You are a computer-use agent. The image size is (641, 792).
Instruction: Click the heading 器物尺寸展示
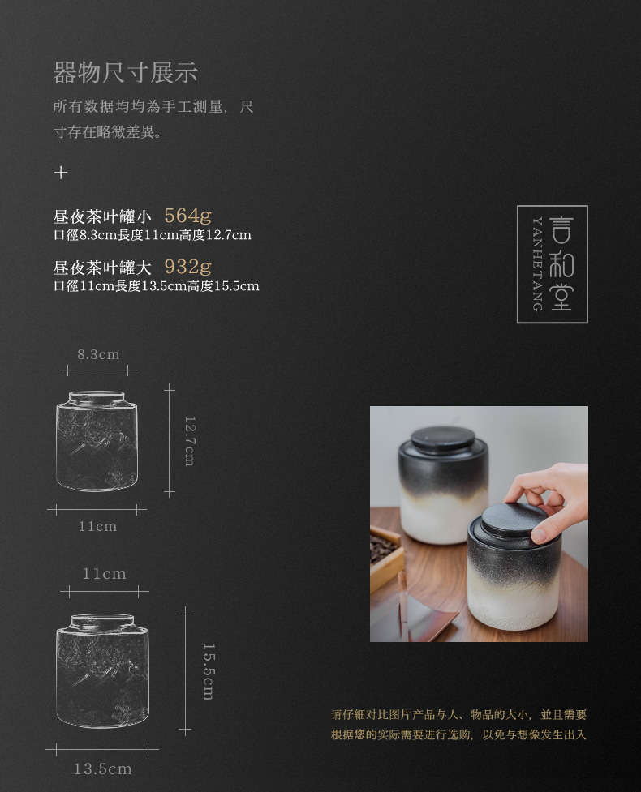click(x=125, y=73)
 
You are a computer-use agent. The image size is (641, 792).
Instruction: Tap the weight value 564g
click(x=187, y=216)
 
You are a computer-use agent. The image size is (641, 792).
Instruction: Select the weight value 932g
click(x=187, y=267)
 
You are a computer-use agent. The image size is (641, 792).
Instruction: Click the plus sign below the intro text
click(x=61, y=173)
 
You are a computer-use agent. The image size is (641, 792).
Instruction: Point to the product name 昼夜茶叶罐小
click(x=102, y=216)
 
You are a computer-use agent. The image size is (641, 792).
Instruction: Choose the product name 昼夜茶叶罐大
click(x=102, y=268)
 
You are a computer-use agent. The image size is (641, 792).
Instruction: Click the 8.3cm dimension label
click(x=98, y=354)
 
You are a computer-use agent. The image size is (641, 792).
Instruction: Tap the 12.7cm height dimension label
click(x=189, y=440)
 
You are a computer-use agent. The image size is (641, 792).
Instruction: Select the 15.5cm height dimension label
click(x=207, y=670)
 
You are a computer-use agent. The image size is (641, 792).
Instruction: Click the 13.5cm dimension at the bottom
click(x=102, y=768)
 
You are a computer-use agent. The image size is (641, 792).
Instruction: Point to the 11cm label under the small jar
click(x=97, y=527)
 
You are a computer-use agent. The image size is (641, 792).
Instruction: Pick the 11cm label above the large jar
click(x=104, y=574)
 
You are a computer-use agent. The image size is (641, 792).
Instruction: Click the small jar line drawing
click(x=97, y=442)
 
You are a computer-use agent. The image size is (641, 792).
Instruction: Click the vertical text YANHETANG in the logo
click(x=536, y=264)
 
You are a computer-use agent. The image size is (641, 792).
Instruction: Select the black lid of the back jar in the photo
click(x=442, y=439)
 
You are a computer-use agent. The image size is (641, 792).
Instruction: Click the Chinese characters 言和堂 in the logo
click(x=561, y=264)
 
